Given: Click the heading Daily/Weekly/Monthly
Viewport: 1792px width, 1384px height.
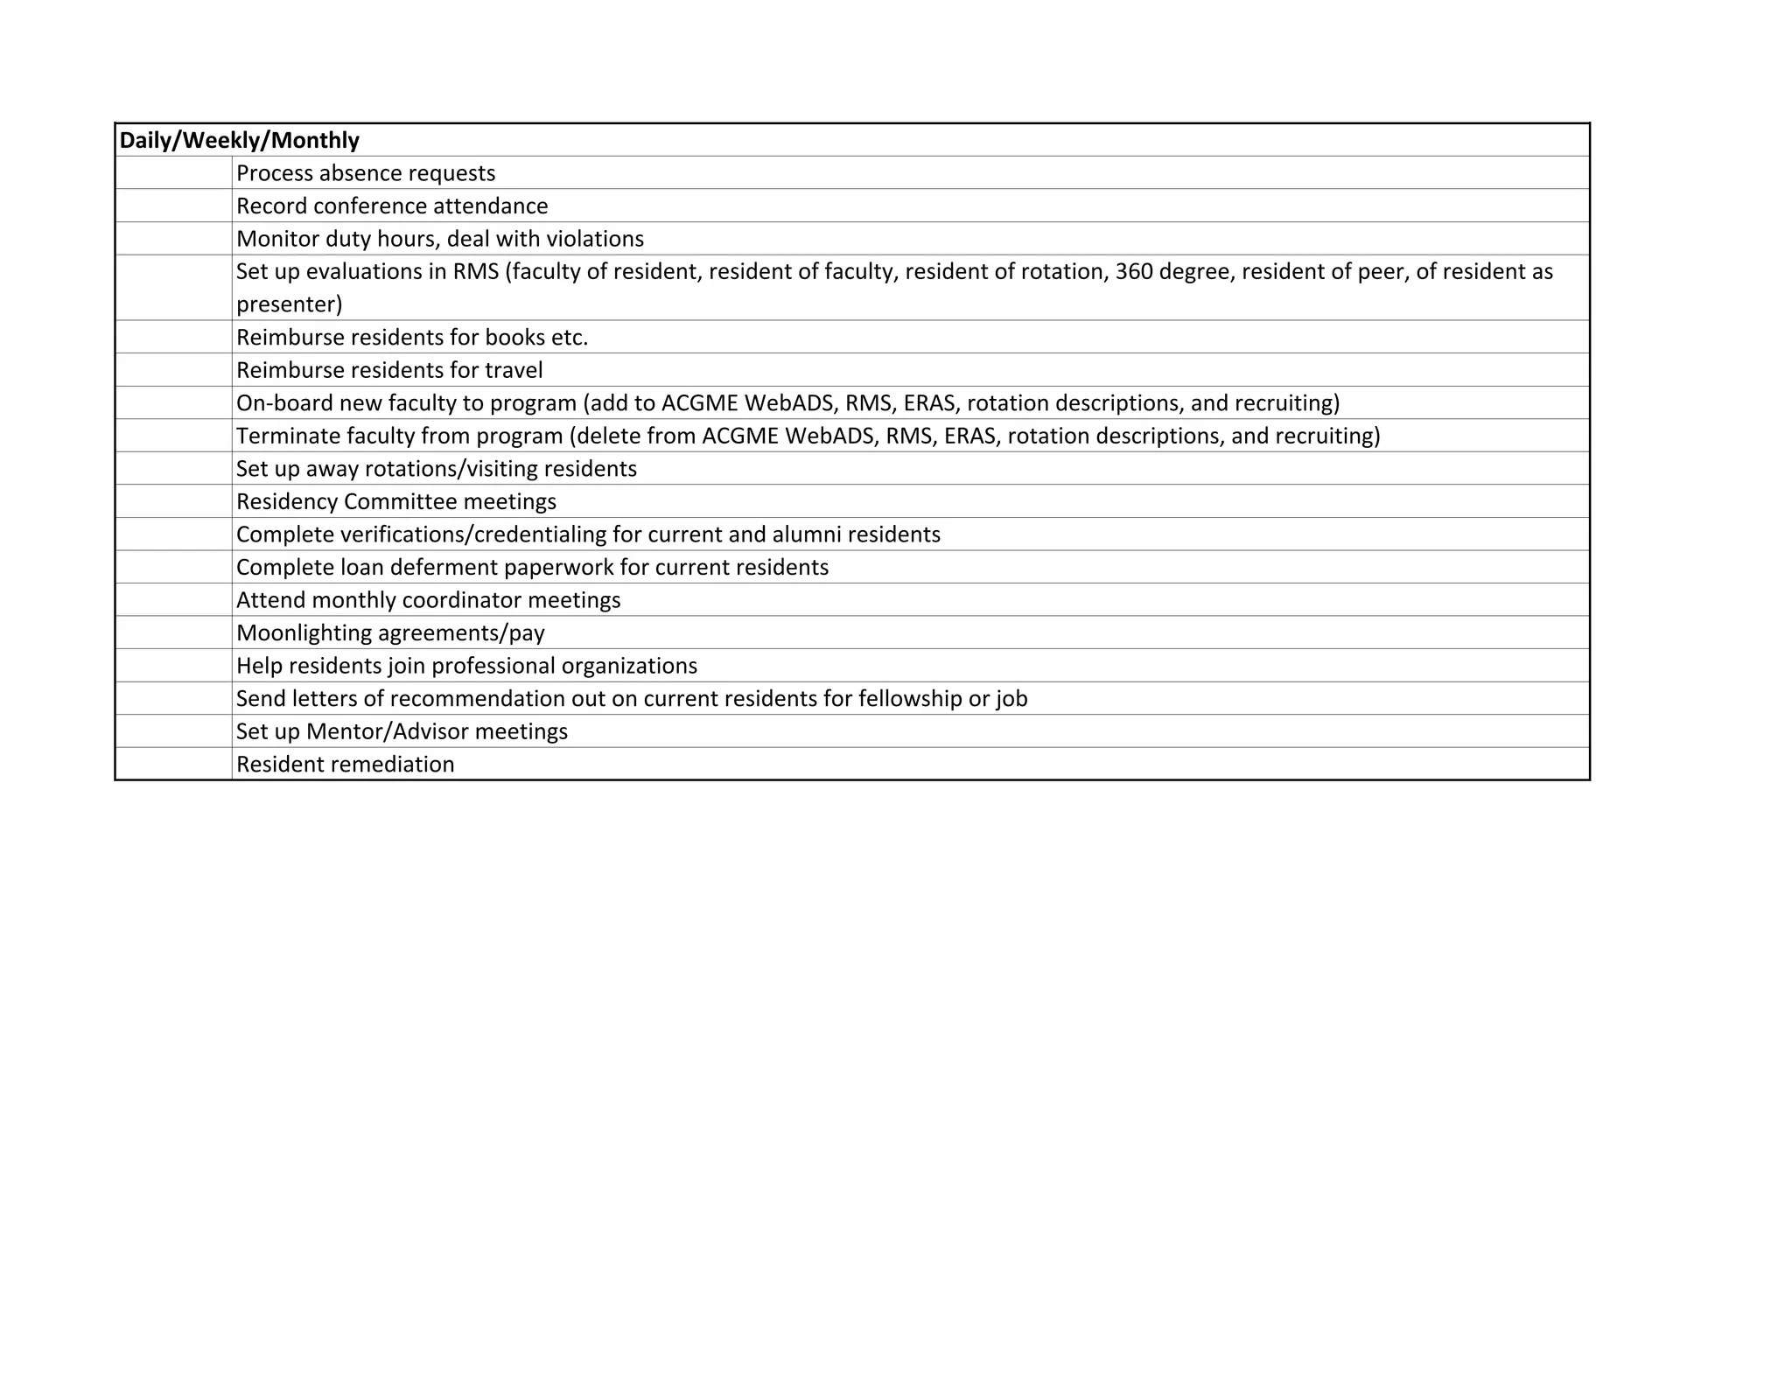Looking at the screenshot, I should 239,140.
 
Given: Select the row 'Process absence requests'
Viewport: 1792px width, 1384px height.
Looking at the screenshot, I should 366,173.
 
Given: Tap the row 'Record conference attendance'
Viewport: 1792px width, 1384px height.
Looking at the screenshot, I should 392,206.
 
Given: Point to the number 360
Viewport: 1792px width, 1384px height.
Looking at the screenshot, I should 1134,271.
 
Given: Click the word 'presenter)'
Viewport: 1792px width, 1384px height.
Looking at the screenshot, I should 289,304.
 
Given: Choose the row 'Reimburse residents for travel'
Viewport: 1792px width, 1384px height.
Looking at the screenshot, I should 389,370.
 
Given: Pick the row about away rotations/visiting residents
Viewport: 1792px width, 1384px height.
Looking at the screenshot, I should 437,469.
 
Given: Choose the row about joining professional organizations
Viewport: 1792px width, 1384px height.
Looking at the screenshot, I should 466,666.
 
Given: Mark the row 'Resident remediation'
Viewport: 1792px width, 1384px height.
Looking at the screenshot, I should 345,765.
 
